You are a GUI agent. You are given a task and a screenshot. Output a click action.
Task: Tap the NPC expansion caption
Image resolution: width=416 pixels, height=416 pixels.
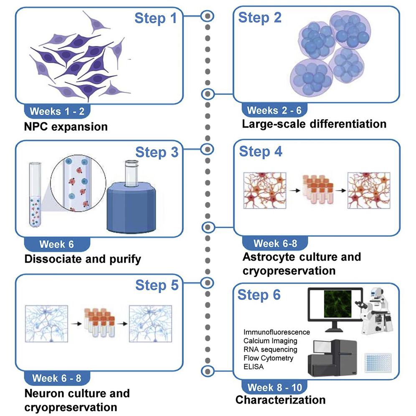(x=66, y=126)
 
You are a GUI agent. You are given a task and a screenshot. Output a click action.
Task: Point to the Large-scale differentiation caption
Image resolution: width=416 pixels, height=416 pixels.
(x=314, y=124)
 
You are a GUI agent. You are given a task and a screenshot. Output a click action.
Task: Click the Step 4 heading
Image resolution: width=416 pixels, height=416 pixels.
(x=260, y=151)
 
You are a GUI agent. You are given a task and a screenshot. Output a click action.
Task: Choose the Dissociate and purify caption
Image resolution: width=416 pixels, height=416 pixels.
(x=83, y=259)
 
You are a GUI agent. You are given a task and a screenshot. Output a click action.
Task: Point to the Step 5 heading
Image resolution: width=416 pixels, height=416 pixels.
(x=157, y=285)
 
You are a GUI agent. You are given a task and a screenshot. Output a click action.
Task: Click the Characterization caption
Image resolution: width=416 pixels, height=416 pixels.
(x=280, y=400)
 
